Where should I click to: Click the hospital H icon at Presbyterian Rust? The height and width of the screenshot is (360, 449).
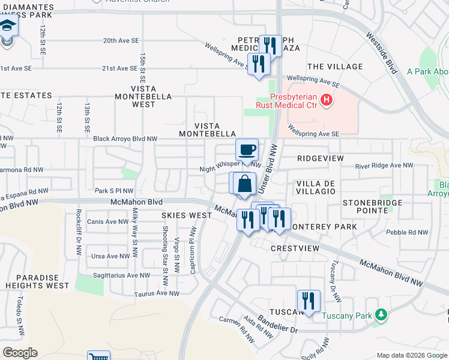click(326, 100)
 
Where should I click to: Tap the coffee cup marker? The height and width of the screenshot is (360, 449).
click(247, 149)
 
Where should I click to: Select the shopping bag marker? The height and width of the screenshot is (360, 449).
click(244, 183)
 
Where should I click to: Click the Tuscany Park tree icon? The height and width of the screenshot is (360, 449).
click(379, 315)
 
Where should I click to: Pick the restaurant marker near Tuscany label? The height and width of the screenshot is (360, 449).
click(308, 301)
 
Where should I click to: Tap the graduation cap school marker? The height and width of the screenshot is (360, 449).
click(8, 26)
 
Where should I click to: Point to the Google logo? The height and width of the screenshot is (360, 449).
click(20, 353)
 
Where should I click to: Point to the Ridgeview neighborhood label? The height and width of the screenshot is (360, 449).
click(321, 158)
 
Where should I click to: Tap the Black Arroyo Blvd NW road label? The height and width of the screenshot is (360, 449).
click(125, 139)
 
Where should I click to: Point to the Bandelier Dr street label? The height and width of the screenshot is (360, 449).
click(277, 328)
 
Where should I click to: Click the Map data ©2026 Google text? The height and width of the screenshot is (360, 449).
click(411, 355)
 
